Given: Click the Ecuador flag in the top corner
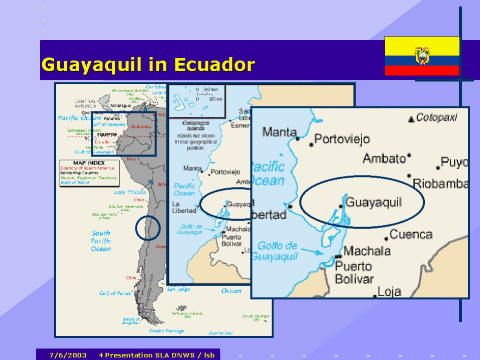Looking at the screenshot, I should [422, 56].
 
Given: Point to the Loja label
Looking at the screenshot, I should [389, 292].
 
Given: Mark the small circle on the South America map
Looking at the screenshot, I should [147, 227].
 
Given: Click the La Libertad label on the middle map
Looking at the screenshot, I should [183, 208].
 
